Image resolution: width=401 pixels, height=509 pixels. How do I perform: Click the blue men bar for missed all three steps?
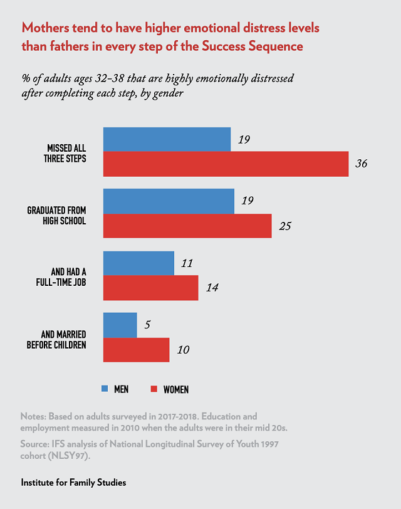click(167, 140)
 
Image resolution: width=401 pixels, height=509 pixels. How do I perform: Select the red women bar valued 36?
click(226, 164)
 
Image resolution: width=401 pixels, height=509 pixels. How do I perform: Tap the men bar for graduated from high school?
click(169, 201)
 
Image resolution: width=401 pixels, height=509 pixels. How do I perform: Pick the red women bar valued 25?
click(187, 226)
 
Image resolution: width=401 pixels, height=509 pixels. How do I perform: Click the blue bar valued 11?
click(138, 263)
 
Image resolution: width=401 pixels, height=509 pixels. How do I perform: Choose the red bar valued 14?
click(150, 288)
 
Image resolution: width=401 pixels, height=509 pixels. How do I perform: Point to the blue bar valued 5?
click(120, 325)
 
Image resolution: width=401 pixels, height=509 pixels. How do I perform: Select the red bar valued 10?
click(136, 349)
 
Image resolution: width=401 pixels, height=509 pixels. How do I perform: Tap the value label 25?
click(285, 226)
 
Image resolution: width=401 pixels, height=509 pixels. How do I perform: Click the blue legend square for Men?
click(105, 389)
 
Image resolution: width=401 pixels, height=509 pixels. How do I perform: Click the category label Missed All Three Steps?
click(67, 152)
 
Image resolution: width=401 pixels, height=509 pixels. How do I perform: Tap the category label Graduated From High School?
click(57, 214)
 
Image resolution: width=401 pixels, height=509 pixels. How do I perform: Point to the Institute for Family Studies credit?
click(74, 483)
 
